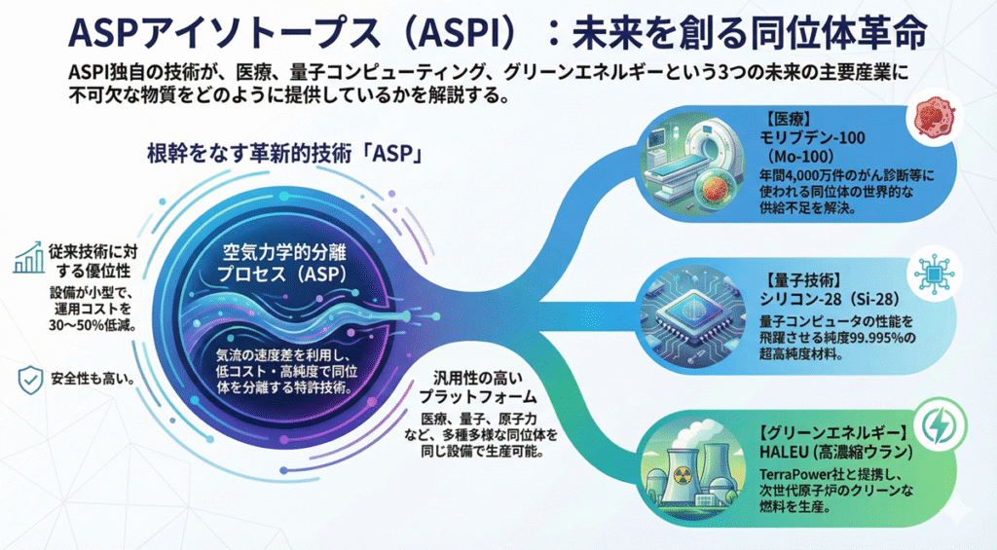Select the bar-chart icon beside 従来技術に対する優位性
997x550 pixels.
26,257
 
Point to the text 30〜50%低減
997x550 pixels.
91,325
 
